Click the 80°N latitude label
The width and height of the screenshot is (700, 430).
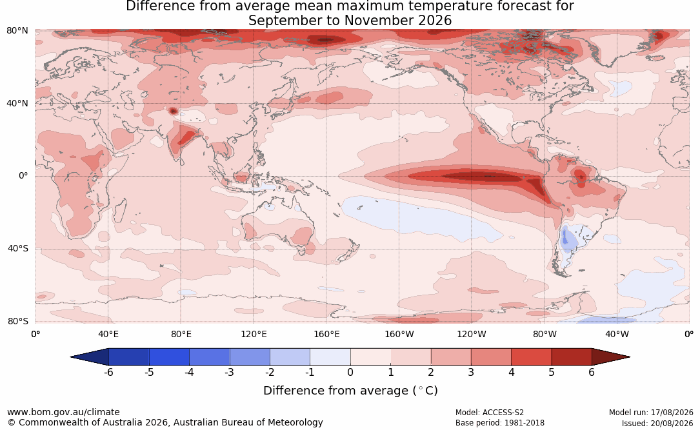click(17, 31)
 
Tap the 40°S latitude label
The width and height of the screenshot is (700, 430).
click(17, 248)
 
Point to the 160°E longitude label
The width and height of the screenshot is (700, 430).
click(326, 334)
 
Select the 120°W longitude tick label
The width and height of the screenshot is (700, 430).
click(472, 334)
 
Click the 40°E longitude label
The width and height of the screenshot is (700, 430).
click(108, 334)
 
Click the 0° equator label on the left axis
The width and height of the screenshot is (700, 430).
click(23, 176)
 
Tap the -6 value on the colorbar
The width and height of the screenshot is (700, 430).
click(108, 372)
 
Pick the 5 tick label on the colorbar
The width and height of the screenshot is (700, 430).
click(552, 372)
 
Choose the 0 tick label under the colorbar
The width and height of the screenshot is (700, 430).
click(350, 372)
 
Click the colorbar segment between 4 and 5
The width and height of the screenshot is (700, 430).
click(531, 357)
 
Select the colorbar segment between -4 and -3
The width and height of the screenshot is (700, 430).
click(210, 357)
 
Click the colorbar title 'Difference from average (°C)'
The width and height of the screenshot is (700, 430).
click(350, 391)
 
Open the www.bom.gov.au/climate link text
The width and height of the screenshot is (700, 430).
click(63, 412)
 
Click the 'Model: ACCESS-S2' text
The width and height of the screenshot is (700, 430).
click(489, 412)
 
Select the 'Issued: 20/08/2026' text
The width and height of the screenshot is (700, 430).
click(657, 423)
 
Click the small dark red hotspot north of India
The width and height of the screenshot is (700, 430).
click(173, 111)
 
